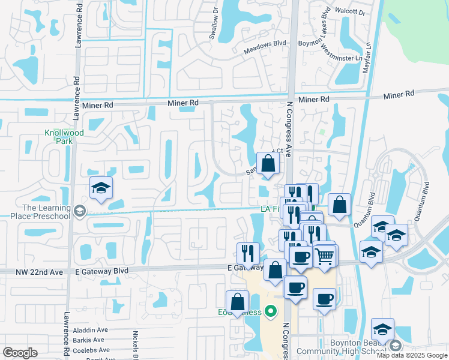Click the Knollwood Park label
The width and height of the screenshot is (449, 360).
click(x=59, y=137)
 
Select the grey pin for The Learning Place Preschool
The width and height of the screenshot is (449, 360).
click(x=80, y=210)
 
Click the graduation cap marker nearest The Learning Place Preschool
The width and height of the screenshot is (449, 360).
click(x=101, y=189)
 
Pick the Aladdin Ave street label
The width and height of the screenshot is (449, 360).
click(x=91, y=329)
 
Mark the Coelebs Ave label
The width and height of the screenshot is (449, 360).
click(x=91, y=350)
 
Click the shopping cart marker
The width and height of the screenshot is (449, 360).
click(x=325, y=256)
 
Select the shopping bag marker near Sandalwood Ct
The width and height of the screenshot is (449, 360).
click(x=268, y=163)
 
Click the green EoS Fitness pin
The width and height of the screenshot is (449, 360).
click(x=271, y=311)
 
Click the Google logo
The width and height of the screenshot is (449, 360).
click(x=20, y=353)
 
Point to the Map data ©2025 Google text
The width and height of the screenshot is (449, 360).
click(x=412, y=355)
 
